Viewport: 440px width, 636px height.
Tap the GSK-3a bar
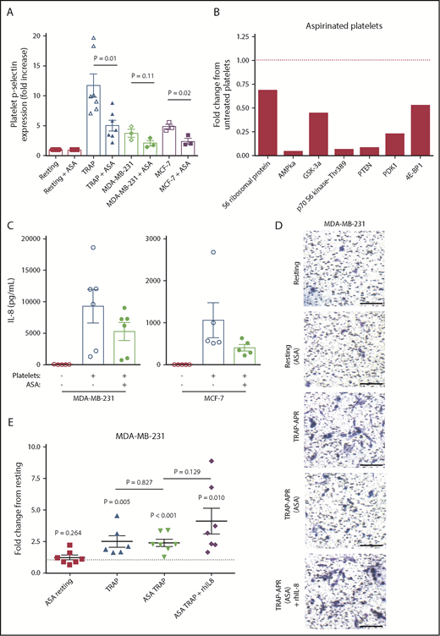(313, 134)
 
